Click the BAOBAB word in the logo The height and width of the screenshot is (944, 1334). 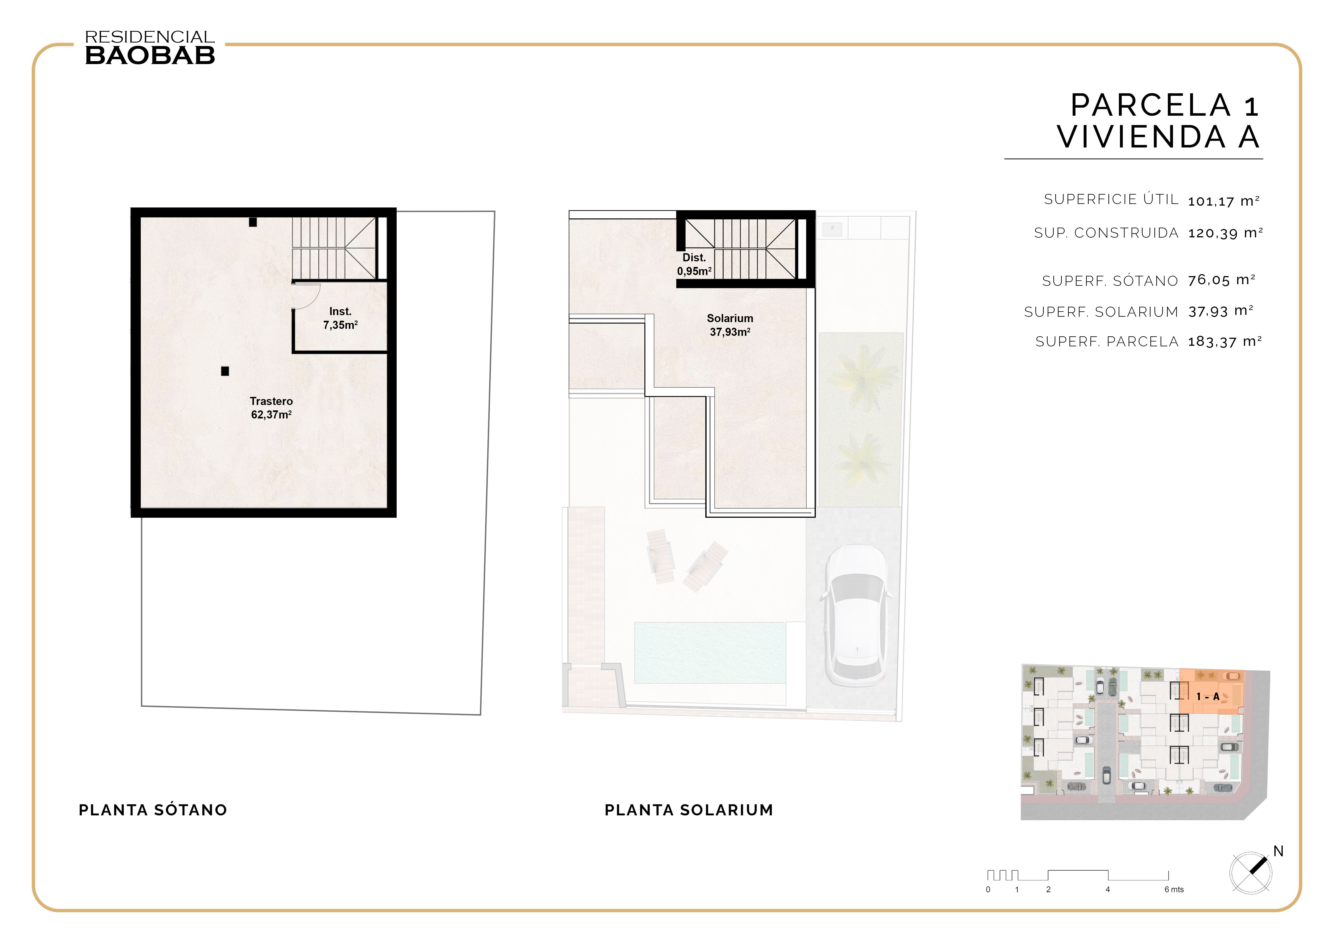150,56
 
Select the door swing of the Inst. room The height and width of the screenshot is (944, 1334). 306,296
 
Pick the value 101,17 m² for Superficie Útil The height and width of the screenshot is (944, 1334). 1223,201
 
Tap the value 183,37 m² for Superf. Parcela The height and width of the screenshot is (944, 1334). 1224,342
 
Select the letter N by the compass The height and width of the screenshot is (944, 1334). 1278,852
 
